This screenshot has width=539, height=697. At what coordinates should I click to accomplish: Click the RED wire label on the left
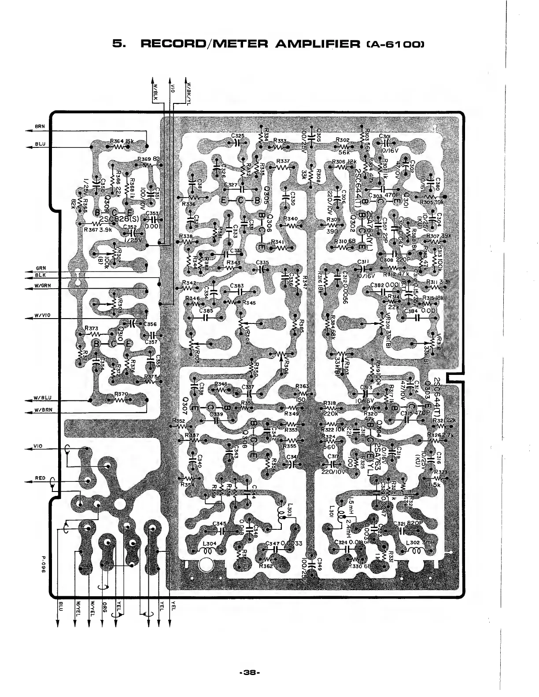pos(40,478)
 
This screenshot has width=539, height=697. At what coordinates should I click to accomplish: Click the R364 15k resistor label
pos(122,141)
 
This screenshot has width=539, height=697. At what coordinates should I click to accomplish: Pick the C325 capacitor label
pos(237,136)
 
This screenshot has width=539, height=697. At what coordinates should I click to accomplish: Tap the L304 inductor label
pos(209,544)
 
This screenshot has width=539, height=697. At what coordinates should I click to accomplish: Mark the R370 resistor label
pos(121,394)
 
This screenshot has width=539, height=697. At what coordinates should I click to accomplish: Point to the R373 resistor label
pos(91,328)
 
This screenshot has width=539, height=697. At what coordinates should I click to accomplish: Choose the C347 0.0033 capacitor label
pos(284,544)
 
